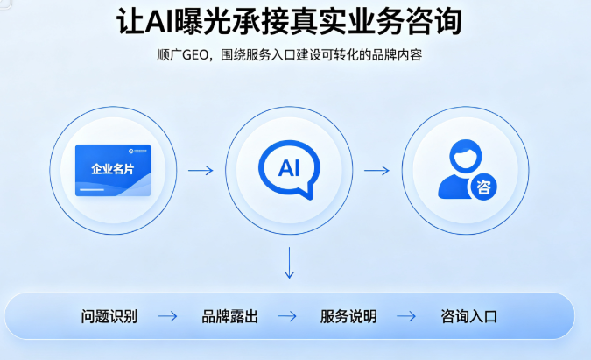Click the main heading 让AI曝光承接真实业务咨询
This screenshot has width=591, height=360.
tap(289, 22)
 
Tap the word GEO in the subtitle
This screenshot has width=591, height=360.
tap(195, 55)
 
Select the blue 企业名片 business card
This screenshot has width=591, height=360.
tap(113, 171)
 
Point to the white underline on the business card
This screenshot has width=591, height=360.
tap(92, 189)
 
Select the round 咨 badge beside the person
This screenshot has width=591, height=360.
tap(482, 187)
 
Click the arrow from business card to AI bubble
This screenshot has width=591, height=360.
tap(201, 171)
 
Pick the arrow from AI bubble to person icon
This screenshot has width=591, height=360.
tap(376, 171)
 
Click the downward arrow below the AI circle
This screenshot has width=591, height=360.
tap(290, 263)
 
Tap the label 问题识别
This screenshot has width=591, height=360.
tap(109, 316)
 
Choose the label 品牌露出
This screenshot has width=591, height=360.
tap(230, 316)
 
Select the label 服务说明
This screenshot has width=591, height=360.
tap(348, 316)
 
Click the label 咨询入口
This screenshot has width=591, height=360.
tap(469, 316)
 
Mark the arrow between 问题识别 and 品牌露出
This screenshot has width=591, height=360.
tap(167, 316)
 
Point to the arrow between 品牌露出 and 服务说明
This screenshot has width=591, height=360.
tap(287, 316)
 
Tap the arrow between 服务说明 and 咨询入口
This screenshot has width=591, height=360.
tap(406, 316)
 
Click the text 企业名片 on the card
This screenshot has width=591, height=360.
tap(113, 169)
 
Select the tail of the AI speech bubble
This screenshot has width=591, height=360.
tap(307, 192)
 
